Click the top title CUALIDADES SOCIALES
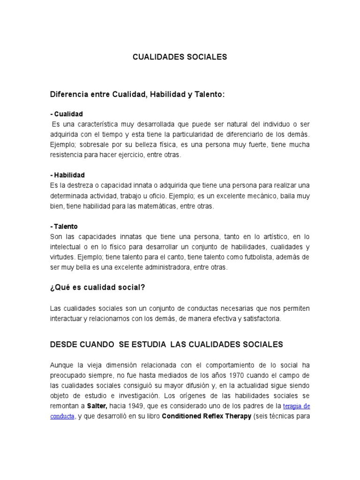click(180, 57)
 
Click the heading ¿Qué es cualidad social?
click(97, 287)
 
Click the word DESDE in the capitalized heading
click(63, 345)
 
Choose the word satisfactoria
click(257, 318)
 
